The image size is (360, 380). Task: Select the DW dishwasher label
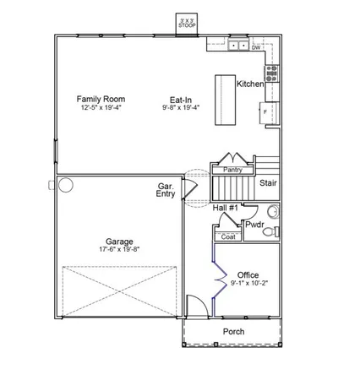click(x=255, y=47)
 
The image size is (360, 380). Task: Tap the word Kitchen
click(x=250, y=84)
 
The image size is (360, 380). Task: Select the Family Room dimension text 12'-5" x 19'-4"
click(x=97, y=108)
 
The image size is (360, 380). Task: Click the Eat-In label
click(x=177, y=100)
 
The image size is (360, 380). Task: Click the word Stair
click(x=268, y=181)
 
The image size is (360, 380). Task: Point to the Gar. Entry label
click(x=166, y=190)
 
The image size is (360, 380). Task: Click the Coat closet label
click(x=228, y=237)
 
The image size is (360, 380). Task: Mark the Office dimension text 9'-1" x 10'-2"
click(x=248, y=284)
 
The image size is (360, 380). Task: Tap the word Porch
click(x=233, y=332)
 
